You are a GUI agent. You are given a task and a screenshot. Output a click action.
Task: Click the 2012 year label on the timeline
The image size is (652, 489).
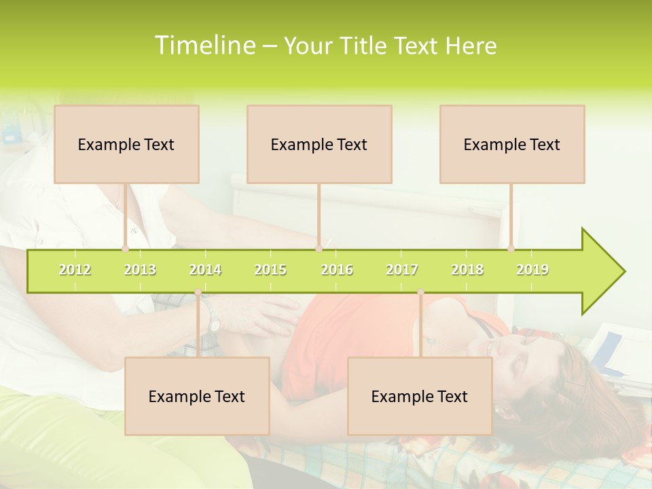click(x=75, y=270)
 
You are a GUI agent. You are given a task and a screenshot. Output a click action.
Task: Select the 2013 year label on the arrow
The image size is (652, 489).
click(x=140, y=270)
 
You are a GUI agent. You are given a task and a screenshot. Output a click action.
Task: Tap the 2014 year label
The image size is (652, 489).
click(x=205, y=270)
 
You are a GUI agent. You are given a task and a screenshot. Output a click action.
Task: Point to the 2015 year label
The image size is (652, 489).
click(x=270, y=270)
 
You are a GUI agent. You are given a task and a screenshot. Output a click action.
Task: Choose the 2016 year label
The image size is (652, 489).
click(x=337, y=270)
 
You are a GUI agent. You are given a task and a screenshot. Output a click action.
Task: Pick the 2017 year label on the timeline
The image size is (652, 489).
click(x=402, y=270)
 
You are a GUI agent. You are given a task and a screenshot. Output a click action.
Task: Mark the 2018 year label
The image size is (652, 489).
click(x=467, y=270)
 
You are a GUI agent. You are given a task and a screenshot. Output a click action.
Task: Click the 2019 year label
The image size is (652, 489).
click(x=532, y=270)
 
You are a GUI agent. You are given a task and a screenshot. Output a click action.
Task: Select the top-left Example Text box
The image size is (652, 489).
click(x=126, y=144)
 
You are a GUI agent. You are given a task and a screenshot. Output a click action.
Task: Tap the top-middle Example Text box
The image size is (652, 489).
click(x=319, y=144)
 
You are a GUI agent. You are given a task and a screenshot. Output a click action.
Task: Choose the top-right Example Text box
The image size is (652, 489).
click(x=512, y=144)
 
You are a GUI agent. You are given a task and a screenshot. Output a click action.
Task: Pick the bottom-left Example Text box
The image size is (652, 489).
click(x=197, y=396)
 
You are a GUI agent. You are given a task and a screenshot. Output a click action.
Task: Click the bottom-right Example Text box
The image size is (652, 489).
click(x=420, y=396)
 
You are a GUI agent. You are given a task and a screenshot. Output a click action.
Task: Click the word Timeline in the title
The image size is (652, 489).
click(x=204, y=46)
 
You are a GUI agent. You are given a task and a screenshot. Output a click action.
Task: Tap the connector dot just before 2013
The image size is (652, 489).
click(x=126, y=249)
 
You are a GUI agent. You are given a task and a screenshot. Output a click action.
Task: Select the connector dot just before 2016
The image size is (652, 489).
click(x=319, y=249)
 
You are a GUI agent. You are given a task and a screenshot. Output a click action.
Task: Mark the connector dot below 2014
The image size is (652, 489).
click(x=198, y=292)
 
